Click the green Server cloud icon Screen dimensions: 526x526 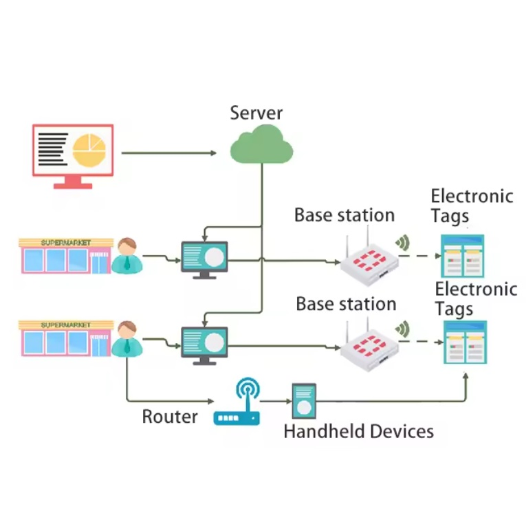point(261,144)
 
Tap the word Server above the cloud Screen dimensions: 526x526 point(256,113)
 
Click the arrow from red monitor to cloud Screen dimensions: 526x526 point(168,153)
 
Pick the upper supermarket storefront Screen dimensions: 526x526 point(66,256)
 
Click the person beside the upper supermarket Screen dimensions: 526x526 point(127,256)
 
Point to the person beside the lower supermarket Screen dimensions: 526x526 point(127,338)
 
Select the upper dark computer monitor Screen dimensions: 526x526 point(204,259)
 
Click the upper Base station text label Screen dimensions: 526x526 point(344,215)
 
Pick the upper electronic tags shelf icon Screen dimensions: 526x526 point(462,255)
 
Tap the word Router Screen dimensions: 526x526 point(170,417)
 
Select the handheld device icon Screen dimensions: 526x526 point(303,401)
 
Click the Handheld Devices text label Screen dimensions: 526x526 point(358,432)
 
